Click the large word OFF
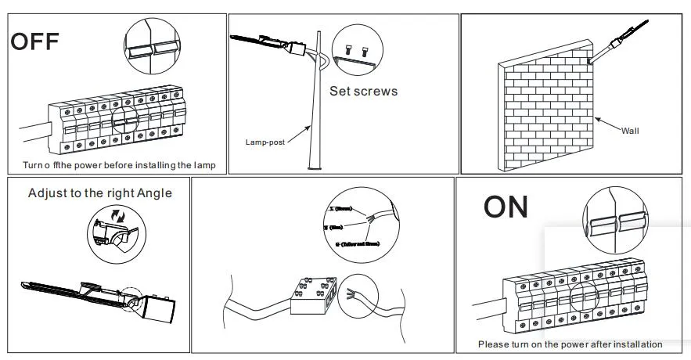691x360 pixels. (35, 41)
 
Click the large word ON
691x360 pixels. (506, 207)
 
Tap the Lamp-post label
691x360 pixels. (264, 142)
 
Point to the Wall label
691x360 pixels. (630, 131)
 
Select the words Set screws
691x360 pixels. (363, 92)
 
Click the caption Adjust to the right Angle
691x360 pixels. (99, 193)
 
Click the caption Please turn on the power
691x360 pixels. (570, 344)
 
